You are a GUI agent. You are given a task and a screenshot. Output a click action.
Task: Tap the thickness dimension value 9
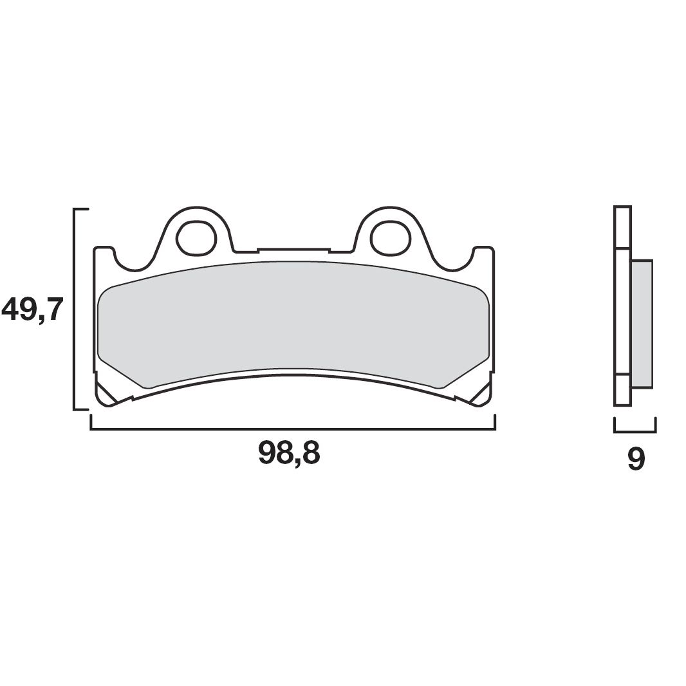point(635,459)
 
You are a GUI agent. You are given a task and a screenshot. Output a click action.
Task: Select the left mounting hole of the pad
point(196,237)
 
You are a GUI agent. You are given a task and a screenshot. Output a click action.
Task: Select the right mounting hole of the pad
point(390,237)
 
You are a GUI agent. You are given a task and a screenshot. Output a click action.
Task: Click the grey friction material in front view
point(293,319)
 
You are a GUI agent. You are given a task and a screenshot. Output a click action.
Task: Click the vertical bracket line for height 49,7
point(75,309)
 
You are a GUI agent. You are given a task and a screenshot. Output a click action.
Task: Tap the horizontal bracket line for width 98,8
point(293,429)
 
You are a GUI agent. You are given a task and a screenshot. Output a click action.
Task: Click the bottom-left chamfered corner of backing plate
point(105,395)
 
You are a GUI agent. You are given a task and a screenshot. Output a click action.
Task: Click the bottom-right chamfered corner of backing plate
point(482,395)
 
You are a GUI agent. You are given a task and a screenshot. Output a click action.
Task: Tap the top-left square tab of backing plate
point(104,252)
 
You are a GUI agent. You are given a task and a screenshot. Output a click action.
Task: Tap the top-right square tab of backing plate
point(483,252)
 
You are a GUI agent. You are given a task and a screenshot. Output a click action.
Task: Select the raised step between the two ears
point(293,249)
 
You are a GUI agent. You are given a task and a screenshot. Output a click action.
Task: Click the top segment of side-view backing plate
point(622,227)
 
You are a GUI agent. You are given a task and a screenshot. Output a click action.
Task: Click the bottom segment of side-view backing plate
point(622,390)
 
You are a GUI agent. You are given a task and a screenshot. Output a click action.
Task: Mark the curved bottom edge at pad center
point(293,375)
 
